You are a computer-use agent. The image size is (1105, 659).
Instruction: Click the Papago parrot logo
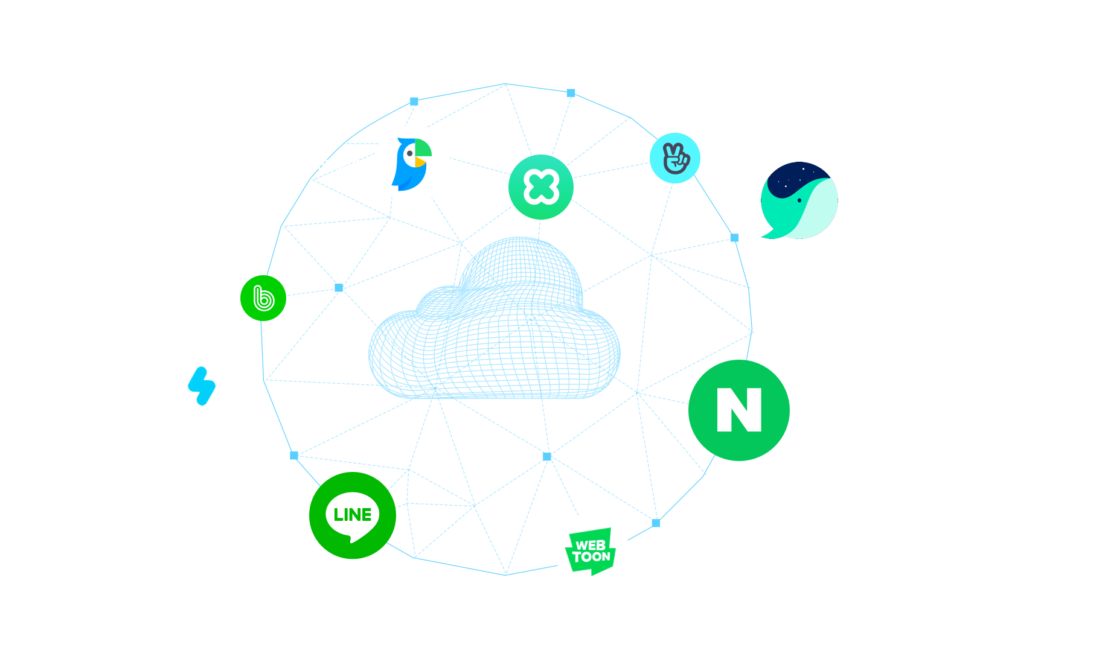click(x=412, y=164)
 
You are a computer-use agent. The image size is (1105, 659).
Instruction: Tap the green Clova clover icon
click(x=540, y=187)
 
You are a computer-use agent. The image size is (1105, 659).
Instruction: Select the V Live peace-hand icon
click(x=674, y=158)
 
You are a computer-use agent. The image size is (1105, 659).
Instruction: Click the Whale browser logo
click(x=799, y=200)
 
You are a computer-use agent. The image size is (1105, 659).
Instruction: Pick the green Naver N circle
click(x=738, y=410)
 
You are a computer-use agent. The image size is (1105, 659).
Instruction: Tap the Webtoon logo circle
click(x=592, y=550)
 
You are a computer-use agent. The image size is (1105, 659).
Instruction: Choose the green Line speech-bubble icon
click(x=353, y=516)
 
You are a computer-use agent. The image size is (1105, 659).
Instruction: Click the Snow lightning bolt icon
click(x=202, y=386)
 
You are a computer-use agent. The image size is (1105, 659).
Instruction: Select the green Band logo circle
click(x=263, y=298)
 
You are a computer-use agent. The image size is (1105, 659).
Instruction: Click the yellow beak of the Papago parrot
click(x=420, y=162)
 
